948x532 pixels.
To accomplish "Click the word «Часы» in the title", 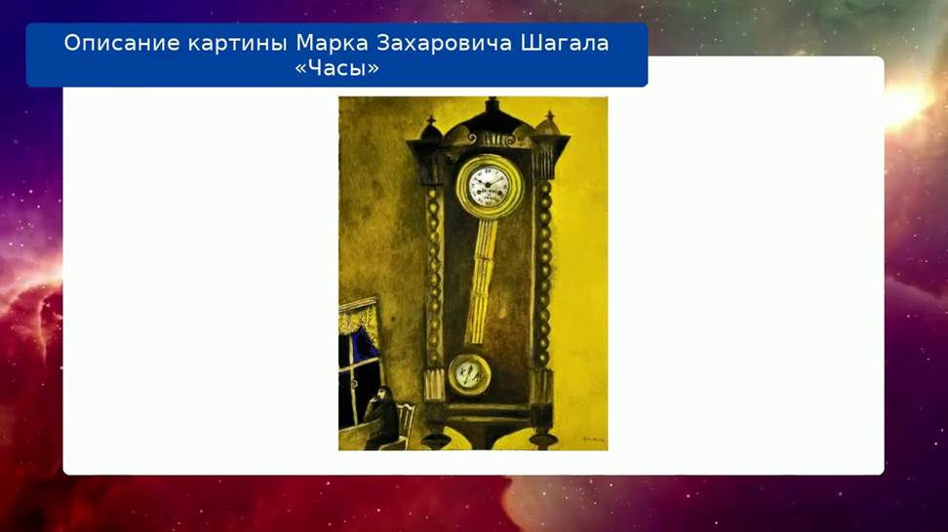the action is point(336,68).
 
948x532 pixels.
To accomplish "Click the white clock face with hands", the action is point(489,183).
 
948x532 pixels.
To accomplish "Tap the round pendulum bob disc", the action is point(468,375).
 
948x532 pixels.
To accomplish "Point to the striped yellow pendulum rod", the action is point(482,282).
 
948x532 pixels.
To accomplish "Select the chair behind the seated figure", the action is point(404,425).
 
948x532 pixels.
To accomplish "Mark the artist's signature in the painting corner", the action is point(593,439).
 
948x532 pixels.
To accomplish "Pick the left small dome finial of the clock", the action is point(431,129).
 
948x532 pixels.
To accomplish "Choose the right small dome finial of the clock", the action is point(549,124).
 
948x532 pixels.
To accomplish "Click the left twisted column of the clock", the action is point(433,278).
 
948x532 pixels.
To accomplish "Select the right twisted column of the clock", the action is point(543,273).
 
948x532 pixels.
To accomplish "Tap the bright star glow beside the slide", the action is point(905,101).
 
